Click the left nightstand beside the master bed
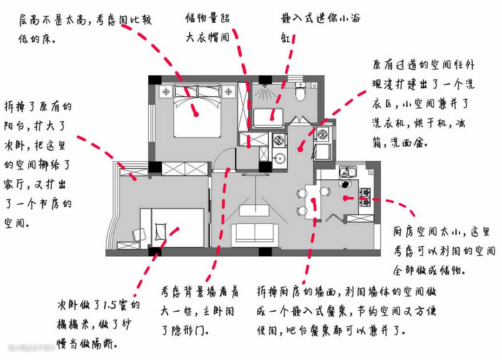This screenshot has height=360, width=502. click(x=166, y=92)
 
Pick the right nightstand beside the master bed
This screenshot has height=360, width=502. click(x=228, y=92)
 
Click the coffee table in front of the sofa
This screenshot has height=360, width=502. click(x=254, y=209)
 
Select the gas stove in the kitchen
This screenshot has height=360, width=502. click(x=364, y=196)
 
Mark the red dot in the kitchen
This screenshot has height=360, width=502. click(x=346, y=198)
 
